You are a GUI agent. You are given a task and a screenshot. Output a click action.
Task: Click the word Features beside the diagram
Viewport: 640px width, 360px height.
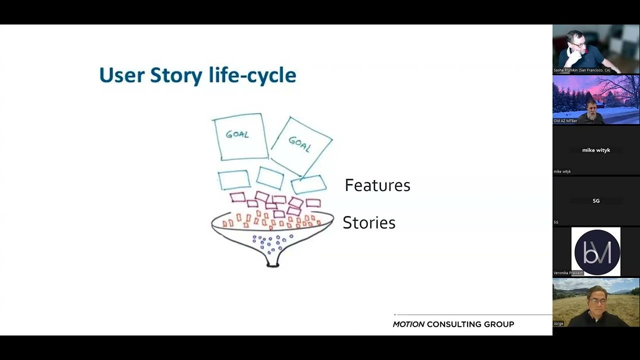click(x=377, y=185)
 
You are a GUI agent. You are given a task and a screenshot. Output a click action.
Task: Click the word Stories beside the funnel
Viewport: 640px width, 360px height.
click(x=369, y=223)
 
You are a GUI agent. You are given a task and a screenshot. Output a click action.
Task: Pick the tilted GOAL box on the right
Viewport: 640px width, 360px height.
click(x=301, y=144)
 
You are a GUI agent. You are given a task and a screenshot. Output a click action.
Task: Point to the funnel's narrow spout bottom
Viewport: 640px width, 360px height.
click(x=272, y=263)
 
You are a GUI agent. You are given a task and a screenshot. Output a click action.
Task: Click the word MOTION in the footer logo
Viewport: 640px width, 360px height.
click(x=408, y=324)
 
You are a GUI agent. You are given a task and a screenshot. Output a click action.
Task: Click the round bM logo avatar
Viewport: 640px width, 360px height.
click(x=597, y=252)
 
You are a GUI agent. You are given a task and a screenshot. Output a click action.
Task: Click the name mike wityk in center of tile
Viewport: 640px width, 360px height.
click(x=596, y=150)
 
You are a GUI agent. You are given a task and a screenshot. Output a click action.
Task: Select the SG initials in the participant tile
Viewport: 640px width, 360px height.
click(x=596, y=200)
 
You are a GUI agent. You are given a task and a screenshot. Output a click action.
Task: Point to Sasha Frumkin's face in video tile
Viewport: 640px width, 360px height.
click(x=577, y=44)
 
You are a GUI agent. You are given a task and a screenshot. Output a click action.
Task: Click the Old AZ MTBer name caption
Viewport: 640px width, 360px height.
click(x=565, y=121)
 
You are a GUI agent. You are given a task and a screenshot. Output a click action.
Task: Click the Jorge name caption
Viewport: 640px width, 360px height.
click(x=558, y=323)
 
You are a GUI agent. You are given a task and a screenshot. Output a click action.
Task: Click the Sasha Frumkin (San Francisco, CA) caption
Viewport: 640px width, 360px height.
click(x=581, y=70)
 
